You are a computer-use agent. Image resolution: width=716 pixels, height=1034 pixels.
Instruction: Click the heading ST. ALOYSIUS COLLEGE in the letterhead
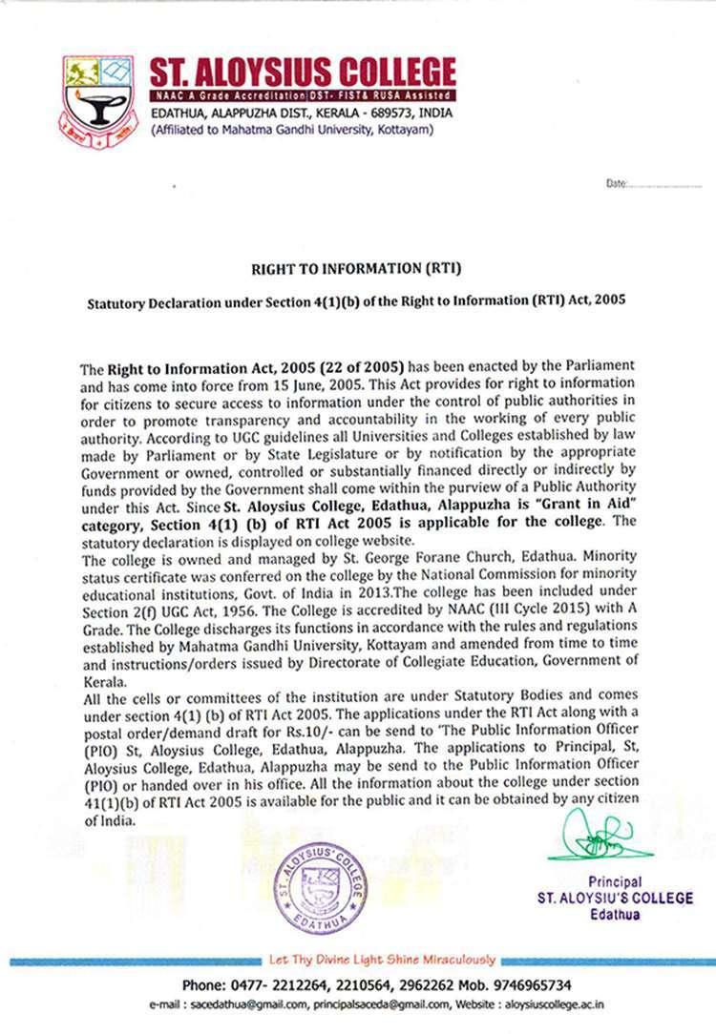[x=302, y=73]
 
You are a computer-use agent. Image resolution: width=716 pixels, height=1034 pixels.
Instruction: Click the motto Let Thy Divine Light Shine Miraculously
[x=382, y=960]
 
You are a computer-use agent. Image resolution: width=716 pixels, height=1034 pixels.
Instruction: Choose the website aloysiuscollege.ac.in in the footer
[x=553, y=1004]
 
